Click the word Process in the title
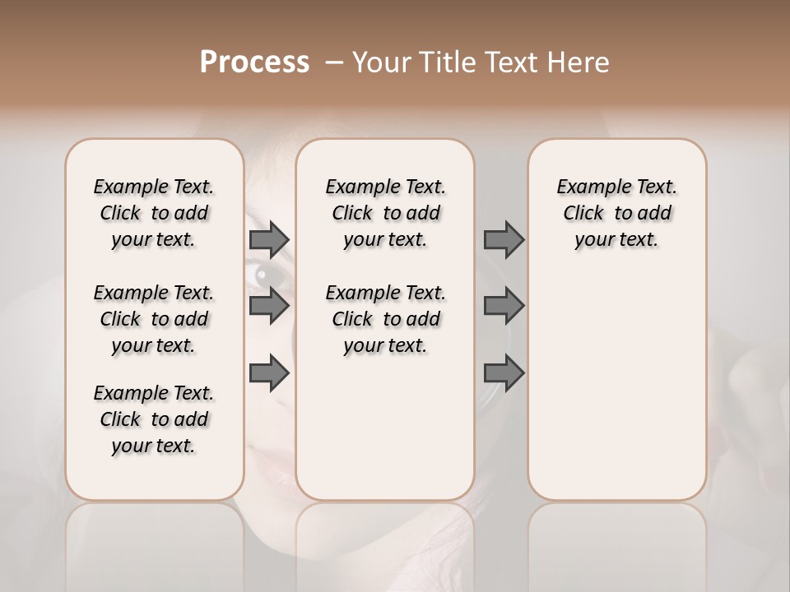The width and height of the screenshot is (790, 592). pyautogui.click(x=254, y=62)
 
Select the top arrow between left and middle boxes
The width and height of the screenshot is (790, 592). pyautogui.click(x=269, y=240)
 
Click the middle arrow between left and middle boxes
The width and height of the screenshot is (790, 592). pyautogui.click(x=269, y=307)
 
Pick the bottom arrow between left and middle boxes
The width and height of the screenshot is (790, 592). pyautogui.click(x=269, y=373)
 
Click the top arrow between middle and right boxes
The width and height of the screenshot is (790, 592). pyautogui.click(x=504, y=240)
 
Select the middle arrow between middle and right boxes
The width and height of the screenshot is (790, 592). pyautogui.click(x=504, y=307)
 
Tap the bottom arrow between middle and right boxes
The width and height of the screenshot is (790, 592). pyautogui.click(x=504, y=373)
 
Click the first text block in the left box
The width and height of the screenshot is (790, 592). pyautogui.click(x=154, y=213)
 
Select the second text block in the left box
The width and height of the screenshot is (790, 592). pyautogui.click(x=154, y=319)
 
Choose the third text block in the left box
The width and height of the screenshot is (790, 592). pyautogui.click(x=154, y=419)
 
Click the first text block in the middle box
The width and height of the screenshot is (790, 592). pyautogui.click(x=385, y=213)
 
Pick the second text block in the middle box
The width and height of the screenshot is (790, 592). pyautogui.click(x=385, y=319)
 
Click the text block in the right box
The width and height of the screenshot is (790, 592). pyautogui.click(x=616, y=213)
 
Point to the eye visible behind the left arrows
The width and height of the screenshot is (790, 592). pyautogui.click(x=265, y=275)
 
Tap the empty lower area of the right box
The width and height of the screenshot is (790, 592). pyautogui.click(x=616, y=386)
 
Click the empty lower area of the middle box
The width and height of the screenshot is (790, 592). pyautogui.click(x=385, y=428)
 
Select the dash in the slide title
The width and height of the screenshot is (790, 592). pyautogui.click(x=333, y=62)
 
